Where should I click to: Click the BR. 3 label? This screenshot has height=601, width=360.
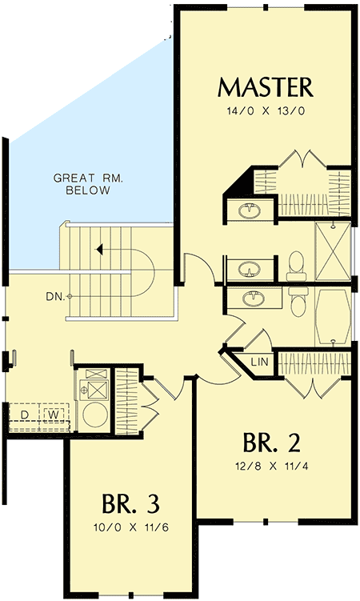pyautogui.click(x=130, y=504)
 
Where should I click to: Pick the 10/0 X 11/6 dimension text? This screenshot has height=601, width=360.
pyautogui.click(x=130, y=528)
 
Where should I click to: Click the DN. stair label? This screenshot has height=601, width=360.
pyautogui.click(x=54, y=297)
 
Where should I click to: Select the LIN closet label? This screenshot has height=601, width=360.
pyautogui.click(x=258, y=363)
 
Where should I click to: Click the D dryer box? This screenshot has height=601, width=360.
pyautogui.click(x=24, y=414)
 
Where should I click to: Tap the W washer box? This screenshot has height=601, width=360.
pyautogui.click(x=53, y=414)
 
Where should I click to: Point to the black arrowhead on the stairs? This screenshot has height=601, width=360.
pyautogui.click(x=99, y=250)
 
